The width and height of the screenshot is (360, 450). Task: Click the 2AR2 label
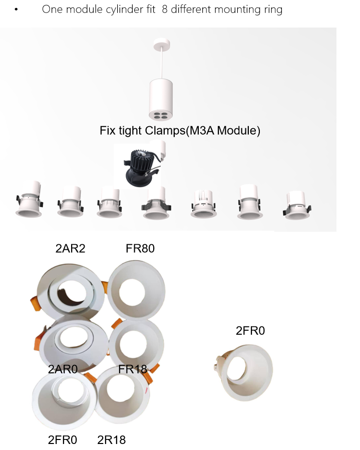pos(70,249)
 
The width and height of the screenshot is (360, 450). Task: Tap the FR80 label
pos(140,249)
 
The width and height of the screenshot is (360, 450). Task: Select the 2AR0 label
pos(63,369)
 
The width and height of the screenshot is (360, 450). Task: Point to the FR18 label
pos(133,369)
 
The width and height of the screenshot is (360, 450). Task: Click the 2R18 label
pos(111,439)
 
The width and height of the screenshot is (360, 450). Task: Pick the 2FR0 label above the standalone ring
pos(250,330)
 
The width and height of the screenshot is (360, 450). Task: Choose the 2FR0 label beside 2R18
pos(63,439)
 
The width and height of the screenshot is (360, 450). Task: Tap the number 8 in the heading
pos(165,9)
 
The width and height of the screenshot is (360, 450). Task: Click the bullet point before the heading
pos(16,10)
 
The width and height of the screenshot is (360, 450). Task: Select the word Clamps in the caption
pos(165,131)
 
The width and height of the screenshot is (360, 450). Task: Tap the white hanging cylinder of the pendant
pos(161,99)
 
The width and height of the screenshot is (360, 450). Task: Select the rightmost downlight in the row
pos(297,205)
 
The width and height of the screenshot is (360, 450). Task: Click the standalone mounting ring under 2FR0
pos(243,372)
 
